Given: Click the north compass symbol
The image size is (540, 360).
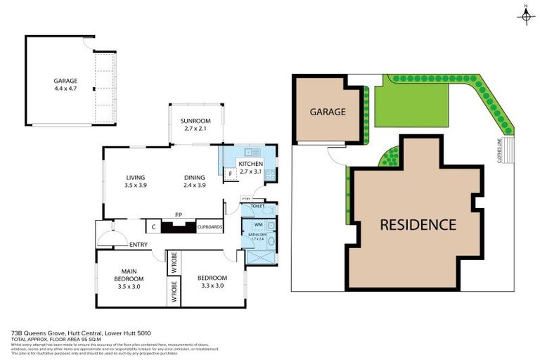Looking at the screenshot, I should [526, 16].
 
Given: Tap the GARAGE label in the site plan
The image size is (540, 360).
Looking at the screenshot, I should [328, 112].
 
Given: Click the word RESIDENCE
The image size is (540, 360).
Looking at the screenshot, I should [418, 225].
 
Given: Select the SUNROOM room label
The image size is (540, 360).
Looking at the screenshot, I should [196, 120].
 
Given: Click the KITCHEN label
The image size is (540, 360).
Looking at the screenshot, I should [250, 164].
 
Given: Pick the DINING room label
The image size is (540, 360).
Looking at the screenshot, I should [194, 177].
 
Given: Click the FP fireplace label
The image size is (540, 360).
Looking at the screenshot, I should [178, 217].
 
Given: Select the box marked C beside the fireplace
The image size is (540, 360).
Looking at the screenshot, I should [153, 227].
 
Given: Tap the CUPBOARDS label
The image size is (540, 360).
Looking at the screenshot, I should [210, 227].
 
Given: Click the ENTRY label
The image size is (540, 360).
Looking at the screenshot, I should [139, 244].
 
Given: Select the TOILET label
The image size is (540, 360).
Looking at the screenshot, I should [257, 206].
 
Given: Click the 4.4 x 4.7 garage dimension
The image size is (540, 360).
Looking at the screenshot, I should [65, 89].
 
